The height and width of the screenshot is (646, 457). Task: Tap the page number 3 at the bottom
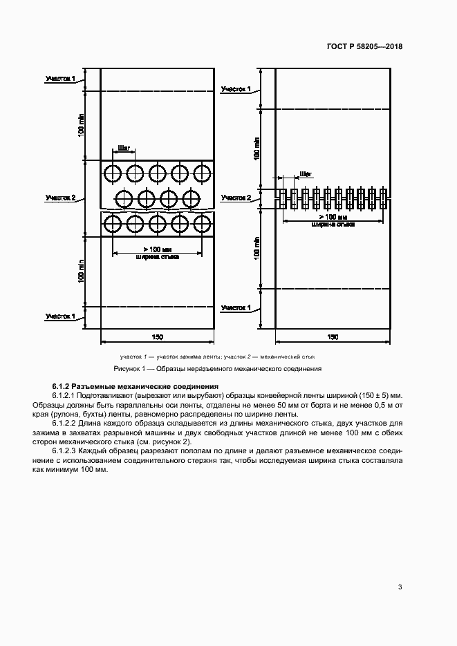pos(400,587)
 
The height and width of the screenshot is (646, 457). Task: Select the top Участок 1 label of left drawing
pos(60,79)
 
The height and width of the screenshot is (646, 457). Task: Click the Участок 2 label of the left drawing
pos(60,198)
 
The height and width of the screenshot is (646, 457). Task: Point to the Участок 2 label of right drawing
pos(236,198)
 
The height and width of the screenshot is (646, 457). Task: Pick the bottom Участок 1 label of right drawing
pos(236,307)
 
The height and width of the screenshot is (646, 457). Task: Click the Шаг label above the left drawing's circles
pos(124,148)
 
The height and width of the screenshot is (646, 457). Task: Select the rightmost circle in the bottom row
pos(203,223)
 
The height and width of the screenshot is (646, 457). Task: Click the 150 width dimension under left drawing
pos(157,336)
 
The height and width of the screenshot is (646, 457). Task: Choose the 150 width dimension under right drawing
pos(333,336)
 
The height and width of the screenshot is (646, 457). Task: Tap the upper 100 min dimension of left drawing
pos(82,124)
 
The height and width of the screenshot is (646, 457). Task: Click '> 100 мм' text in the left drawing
pos(157,249)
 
